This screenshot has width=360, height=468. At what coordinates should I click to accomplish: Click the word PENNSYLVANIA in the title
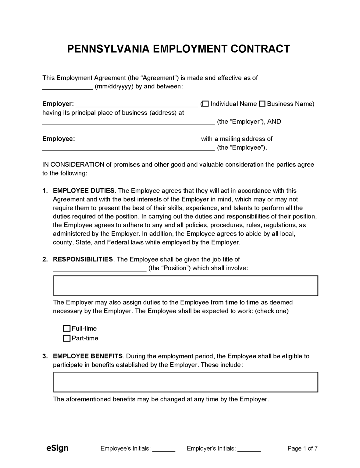pos(108,49)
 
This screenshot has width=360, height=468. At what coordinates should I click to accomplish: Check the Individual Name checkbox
pos(205,104)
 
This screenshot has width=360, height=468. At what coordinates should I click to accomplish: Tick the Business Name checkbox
pos(262,104)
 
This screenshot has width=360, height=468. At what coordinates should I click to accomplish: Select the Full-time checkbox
pos(66,328)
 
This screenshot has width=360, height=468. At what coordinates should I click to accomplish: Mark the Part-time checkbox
pos(66,338)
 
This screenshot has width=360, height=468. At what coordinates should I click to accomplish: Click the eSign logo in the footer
pos(57,448)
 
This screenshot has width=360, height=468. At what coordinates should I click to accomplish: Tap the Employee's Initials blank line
pos(164,449)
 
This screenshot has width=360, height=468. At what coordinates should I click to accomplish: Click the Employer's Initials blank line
pos(249,449)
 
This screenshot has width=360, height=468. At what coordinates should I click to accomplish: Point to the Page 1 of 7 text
pos(302,448)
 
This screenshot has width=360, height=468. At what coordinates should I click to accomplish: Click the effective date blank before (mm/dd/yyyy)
pos(67,87)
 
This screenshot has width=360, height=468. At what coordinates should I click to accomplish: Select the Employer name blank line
pos(137,105)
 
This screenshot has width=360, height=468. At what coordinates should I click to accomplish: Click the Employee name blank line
pos(138,140)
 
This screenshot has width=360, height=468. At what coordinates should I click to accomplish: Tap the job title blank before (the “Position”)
pos(100,269)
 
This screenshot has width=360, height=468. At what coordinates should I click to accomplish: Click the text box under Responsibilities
pos(186,286)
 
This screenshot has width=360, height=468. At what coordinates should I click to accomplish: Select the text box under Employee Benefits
pos(186,382)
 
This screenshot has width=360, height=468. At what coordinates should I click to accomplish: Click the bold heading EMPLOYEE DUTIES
pos(84,191)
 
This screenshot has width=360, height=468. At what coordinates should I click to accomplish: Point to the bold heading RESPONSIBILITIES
pos(83,260)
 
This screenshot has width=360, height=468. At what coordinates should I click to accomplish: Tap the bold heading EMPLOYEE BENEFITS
pos(88,356)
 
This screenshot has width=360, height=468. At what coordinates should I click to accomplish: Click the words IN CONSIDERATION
pos(73,165)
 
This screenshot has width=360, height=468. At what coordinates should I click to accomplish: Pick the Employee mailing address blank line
pos(128,149)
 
